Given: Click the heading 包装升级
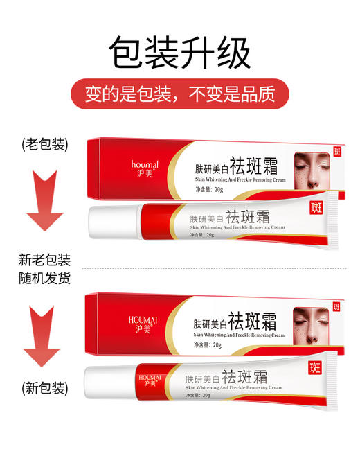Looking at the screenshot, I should coord(180,53).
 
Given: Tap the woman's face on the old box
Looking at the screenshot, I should coord(311,170).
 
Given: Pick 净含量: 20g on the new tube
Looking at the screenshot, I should coord(199,395).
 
